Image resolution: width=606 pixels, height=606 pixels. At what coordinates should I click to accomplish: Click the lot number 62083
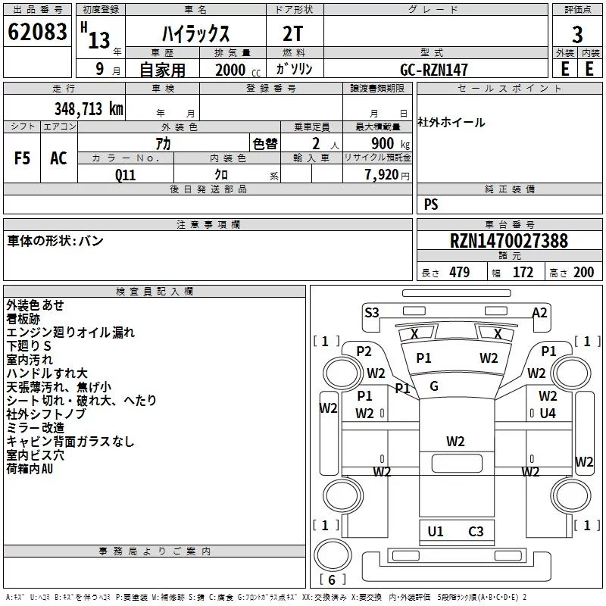[37, 32]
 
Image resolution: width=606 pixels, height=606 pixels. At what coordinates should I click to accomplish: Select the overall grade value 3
[577, 34]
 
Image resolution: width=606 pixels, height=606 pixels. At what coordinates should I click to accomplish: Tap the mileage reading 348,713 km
[89, 108]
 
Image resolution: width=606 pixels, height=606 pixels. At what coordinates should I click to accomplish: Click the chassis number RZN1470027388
[509, 241]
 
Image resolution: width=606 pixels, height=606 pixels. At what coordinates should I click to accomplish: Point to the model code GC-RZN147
[433, 70]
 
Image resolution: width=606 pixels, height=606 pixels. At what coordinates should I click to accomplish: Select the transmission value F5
[22, 158]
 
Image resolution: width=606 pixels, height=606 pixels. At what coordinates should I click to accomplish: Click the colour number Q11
[125, 175]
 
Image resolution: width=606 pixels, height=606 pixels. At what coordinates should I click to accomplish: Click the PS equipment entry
[431, 204]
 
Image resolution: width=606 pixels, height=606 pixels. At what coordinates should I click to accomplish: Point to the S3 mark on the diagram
[372, 312]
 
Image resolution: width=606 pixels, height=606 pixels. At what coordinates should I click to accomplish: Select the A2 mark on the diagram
[539, 312]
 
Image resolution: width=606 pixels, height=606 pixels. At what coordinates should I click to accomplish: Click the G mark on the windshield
[433, 386]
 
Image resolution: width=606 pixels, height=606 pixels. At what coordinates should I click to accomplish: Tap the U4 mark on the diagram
[548, 413]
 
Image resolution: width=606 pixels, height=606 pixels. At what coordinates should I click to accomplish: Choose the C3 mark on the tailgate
[476, 532]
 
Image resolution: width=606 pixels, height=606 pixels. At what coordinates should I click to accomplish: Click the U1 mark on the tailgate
[435, 532]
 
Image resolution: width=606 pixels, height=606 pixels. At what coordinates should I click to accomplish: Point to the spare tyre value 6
[332, 579]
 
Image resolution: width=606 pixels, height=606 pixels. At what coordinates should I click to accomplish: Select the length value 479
[460, 272]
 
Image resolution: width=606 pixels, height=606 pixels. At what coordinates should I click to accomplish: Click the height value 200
[583, 272]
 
